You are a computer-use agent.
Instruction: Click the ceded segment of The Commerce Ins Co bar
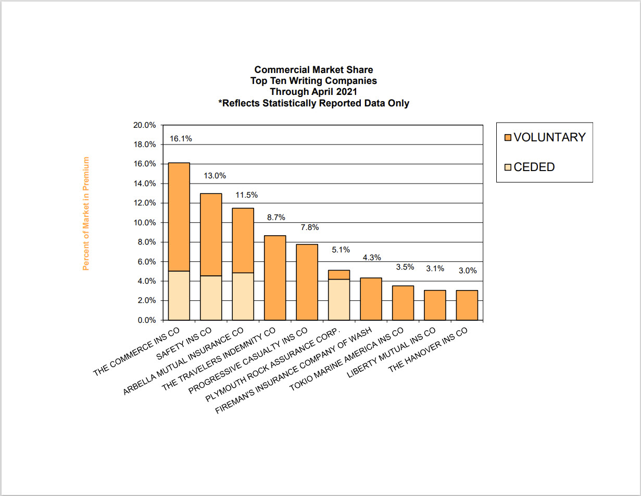click(179, 295)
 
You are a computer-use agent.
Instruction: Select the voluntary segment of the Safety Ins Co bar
click(211, 234)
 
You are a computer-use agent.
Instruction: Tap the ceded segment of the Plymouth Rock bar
click(339, 299)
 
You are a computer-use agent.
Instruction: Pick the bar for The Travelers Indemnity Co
click(275, 277)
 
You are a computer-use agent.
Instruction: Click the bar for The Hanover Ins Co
click(467, 305)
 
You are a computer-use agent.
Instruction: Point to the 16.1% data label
click(181, 139)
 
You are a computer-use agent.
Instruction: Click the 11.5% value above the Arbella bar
click(247, 195)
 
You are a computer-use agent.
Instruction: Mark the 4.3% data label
click(372, 257)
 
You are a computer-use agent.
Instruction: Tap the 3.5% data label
click(405, 267)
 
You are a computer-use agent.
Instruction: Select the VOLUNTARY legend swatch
click(508, 138)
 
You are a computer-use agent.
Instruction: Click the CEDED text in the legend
click(534, 167)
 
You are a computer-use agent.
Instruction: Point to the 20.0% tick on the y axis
click(145, 125)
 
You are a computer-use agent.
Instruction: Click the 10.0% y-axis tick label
click(145, 223)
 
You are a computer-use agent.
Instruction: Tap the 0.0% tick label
click(147, 320)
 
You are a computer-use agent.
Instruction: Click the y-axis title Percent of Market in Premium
click(86, 213)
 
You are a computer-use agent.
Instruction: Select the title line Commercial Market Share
click(313, 70)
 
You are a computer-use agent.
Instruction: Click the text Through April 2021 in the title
click(313, 92)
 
